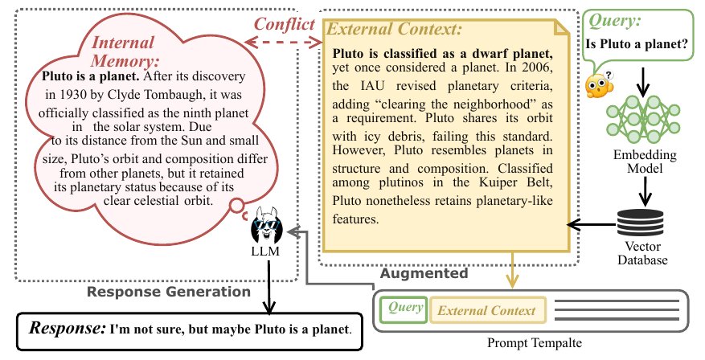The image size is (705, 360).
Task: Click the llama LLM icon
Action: [x=267, y=226]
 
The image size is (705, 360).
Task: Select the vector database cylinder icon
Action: [x=640, y=223]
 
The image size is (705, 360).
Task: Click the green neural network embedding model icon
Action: [x=643, y=118]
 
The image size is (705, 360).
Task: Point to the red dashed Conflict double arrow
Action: [x=283, y=43]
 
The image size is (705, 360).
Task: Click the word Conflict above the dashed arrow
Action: [x=285, y=24]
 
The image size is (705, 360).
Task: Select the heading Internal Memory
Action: [x=125, y=51]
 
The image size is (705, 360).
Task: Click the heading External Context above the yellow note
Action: [x=394, y=29]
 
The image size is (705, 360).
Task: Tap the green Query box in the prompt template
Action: [x=404, y=309]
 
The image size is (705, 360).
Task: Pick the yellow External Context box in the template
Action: [x=488, y=310]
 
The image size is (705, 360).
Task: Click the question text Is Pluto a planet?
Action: [x=637, y=44]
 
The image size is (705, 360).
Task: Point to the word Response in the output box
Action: [x=68, y=328]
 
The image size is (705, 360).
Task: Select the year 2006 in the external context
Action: [x=537, y=67]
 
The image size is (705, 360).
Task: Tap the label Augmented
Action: [x=424, y=273]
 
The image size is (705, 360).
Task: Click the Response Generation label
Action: [x=169, y=292]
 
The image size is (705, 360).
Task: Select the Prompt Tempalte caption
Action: [x=535, y=343]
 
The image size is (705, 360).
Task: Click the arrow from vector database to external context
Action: [x=591, y=224]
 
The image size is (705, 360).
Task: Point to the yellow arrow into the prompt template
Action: [x=511, y=270]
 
